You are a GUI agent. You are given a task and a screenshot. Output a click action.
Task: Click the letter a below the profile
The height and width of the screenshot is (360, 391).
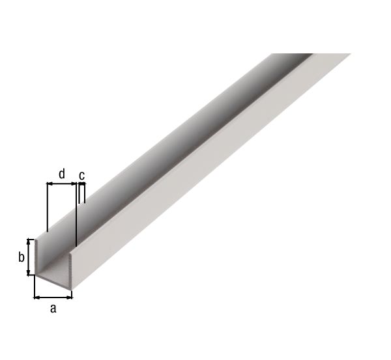(53, 308)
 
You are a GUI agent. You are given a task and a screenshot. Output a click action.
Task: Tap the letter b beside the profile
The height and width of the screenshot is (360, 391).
(22, 257)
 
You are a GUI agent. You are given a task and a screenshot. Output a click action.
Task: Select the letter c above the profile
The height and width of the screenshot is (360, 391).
(81, 175)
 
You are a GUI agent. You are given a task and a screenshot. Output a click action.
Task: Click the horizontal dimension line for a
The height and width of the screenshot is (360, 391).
(53, 297)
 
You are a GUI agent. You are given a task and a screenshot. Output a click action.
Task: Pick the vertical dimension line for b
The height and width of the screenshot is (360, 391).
(29, 256)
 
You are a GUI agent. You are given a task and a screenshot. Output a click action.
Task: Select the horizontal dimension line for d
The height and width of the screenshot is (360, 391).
(62, 184)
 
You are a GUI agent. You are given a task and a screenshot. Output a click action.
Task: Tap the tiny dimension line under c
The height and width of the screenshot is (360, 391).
(80, 184)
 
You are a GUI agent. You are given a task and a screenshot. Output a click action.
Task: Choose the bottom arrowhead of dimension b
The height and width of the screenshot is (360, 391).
(29, 273)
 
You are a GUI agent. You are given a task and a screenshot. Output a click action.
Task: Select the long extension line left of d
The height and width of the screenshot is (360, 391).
(48, 208)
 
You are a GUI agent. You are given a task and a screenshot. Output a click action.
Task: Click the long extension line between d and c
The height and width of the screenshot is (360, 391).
(77, 215)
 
